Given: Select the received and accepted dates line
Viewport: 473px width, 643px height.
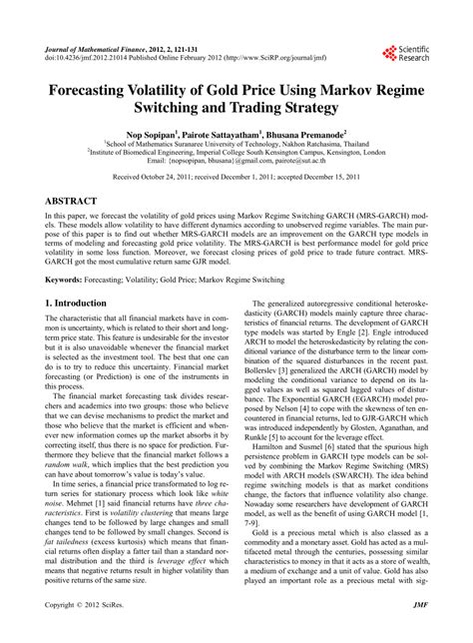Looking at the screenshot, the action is coord(236,177).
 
